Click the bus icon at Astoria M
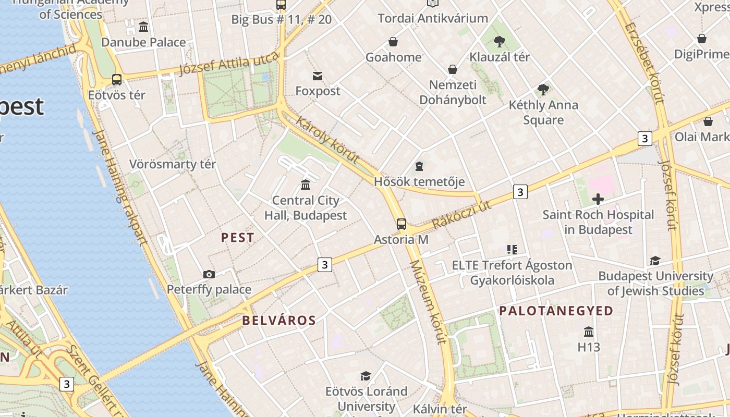[x=401, y=224]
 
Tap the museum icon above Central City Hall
[x=306, y=185]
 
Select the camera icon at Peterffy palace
[x=209, y=274]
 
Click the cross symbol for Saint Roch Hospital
[x=598, y=199]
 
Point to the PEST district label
[x=238, y=238]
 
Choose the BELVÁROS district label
[x=279, y=321]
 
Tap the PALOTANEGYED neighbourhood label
[x=556, y=311]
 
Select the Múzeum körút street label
[x=429, y=302]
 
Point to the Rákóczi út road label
[x=462, y=214]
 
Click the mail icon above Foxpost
[x=317, y=76]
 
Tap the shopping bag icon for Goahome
[x=393, y=42]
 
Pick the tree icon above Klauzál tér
[x=500, y=41]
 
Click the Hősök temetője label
[x=419, y=182]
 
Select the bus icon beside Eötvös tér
[x=117, y=80]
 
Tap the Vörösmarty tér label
[x=173, y=164]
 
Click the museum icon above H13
[x=589, y=332]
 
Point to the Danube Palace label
[x=143, y=42]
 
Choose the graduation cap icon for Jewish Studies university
[x=655, y=261]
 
